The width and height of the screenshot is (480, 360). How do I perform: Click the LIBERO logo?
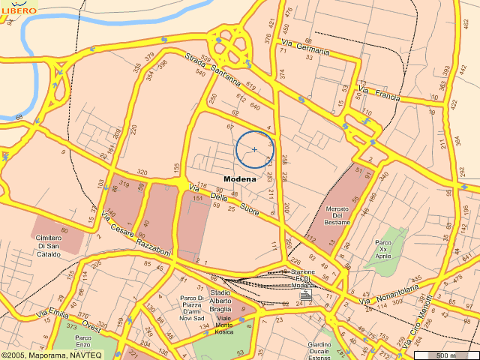click(19, 9)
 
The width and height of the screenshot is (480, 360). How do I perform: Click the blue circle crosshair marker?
click(255, 149)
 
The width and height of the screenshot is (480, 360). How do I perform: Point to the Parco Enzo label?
click(84, 342)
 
